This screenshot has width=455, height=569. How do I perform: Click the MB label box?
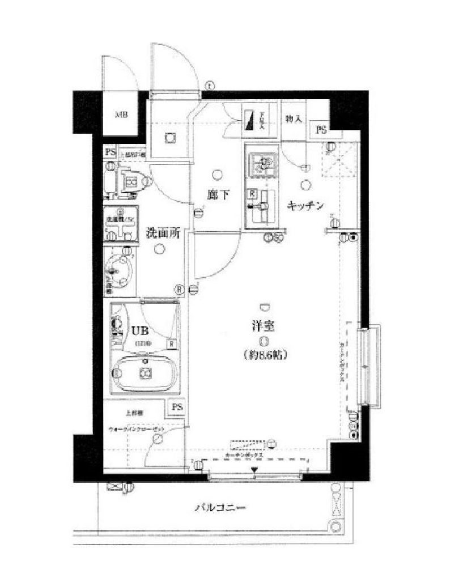121,116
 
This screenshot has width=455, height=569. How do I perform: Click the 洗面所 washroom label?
164,232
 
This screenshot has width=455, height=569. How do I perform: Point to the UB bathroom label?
139,330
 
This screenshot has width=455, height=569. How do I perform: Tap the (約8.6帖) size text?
265,355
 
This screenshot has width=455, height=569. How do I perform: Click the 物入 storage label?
294,120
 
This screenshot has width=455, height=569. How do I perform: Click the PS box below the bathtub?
177,407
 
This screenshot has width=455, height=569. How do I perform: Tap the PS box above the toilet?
110,152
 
